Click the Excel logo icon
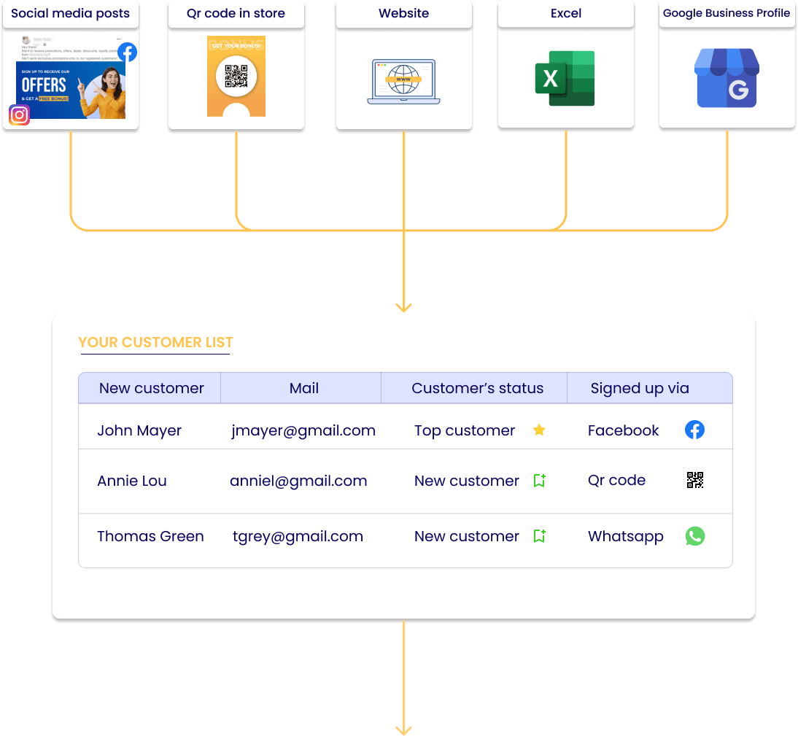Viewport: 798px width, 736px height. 565,78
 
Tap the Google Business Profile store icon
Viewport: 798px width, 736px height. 727,78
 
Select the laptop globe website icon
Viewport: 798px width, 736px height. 403,81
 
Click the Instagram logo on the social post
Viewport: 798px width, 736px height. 20,115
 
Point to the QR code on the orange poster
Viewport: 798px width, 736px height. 236,76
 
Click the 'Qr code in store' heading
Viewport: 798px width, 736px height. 236,13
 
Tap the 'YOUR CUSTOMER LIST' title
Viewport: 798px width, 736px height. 155,342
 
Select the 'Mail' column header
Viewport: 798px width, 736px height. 303,388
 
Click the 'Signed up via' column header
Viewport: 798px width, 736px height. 640,388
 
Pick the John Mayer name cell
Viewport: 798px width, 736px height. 139,430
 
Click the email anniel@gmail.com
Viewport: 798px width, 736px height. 298,481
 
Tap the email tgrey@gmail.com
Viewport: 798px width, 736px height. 298,536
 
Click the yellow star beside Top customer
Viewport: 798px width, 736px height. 539,430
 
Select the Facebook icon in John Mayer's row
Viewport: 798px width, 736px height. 694,430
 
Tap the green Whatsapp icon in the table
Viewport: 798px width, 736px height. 695,536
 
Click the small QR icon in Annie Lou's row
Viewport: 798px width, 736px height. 695,480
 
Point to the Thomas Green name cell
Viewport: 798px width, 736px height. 150,536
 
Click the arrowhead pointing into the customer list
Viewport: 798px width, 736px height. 403,308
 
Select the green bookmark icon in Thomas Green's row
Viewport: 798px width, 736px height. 539,536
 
